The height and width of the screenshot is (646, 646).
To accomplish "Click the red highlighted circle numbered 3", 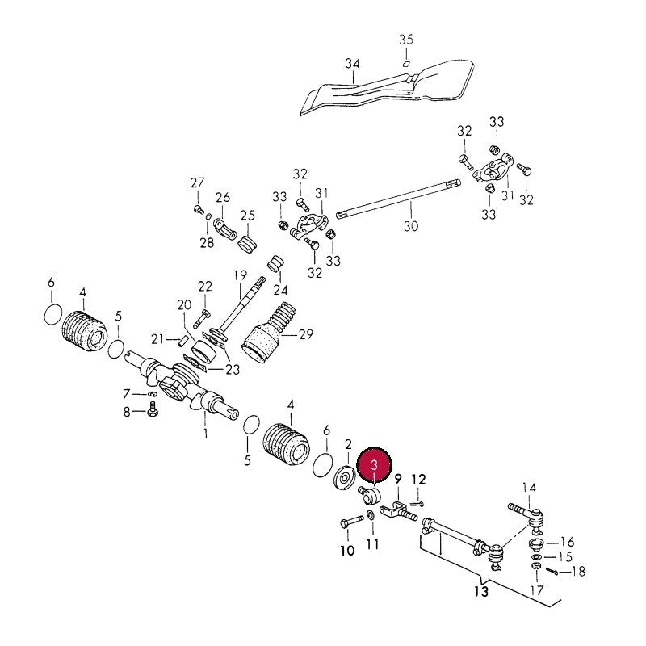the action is [374, 464].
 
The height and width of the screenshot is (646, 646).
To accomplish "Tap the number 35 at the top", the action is [405, 40].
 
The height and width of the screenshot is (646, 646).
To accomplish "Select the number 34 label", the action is [352, 64].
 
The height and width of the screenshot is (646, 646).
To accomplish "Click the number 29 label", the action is [306, 334].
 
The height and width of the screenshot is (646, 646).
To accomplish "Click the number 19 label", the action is [240, 275].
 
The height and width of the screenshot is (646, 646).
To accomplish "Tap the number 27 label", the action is [197, 182].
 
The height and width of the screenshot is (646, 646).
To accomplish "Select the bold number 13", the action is [481, 591].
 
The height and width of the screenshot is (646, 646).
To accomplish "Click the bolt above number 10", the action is [351, 522].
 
